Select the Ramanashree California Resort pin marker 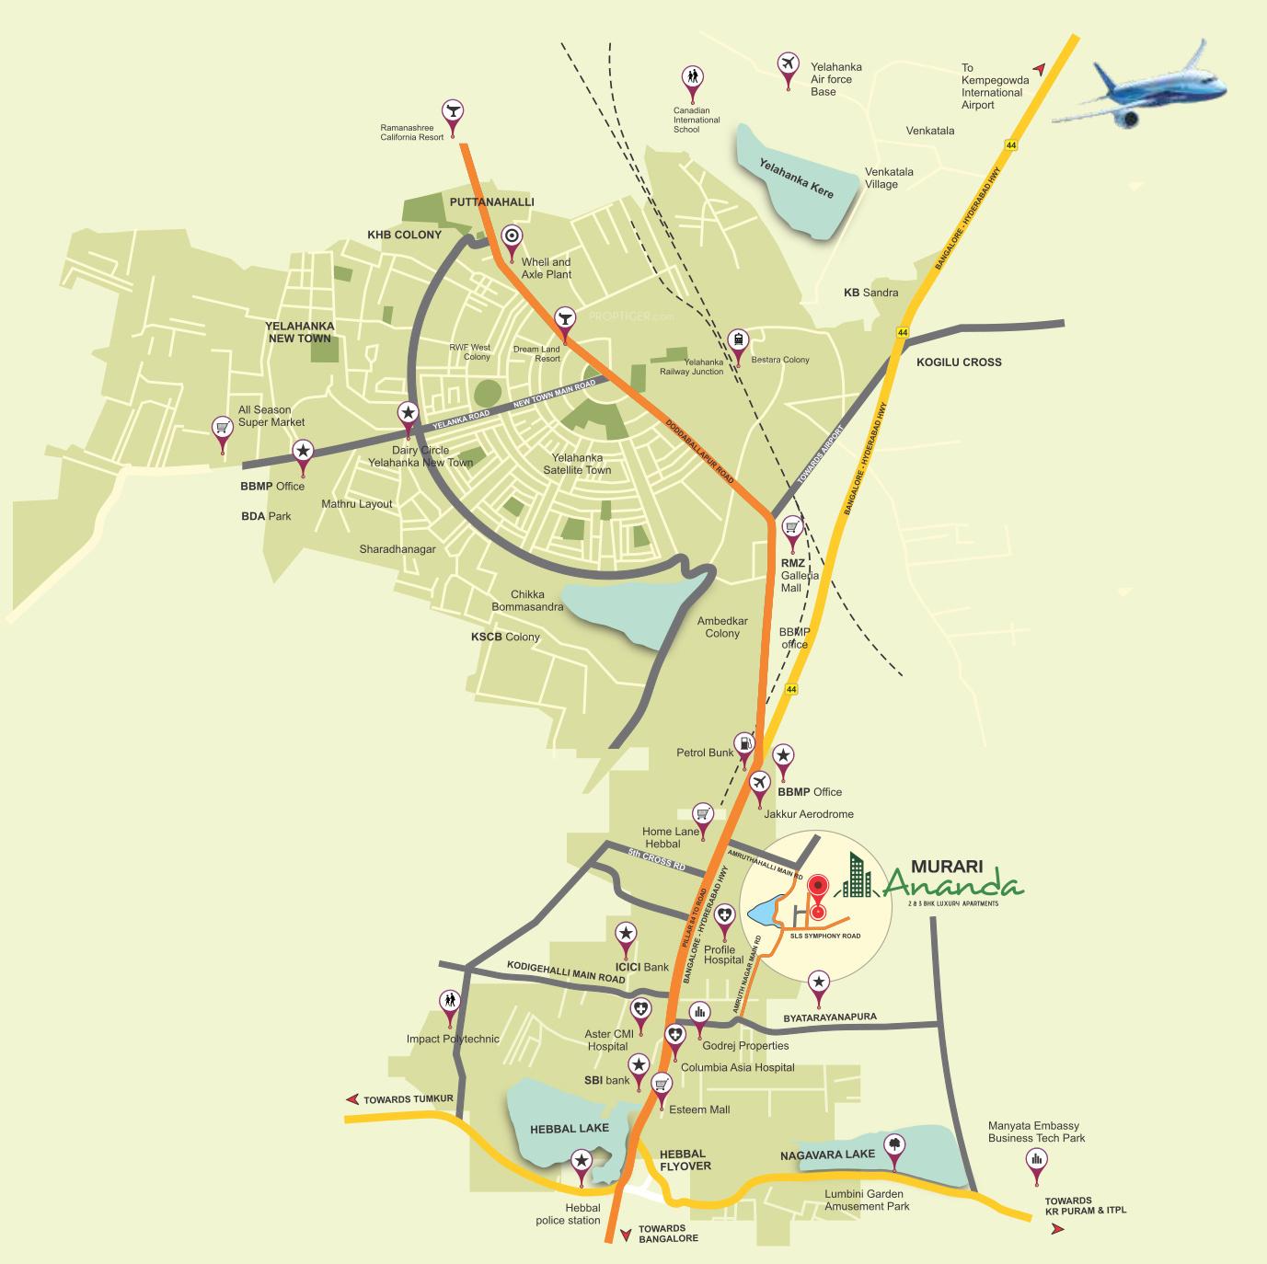[452, 113]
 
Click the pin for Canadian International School [692, 80]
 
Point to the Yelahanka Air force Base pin [788, 65]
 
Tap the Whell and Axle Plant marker [513, 238]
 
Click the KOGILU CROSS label [958, 362]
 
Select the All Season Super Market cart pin [222, 429]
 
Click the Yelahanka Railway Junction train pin [737, 341]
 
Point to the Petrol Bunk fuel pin [744, 744]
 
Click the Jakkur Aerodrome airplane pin [759, 783]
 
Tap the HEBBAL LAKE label [569, 1129]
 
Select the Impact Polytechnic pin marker [450, 1002]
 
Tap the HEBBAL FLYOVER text [685, 1159]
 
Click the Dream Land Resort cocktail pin [564, 320]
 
